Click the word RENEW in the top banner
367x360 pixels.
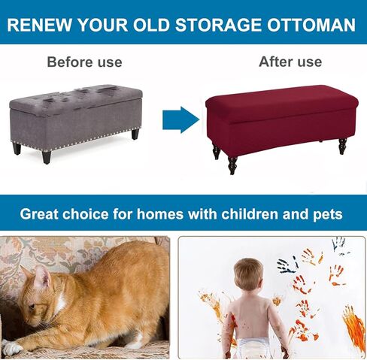[x=39, y=25]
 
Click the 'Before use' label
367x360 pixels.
[x=84, y=62]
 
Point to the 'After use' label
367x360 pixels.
[x=290, y=62]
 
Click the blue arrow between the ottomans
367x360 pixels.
[x=181, y=120]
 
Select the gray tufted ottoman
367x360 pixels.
[x=76, y=123]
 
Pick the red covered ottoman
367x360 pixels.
[x=281, y=126]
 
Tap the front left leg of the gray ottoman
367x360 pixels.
[x=46, y=157]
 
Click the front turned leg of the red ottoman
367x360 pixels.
[x=232, y=165]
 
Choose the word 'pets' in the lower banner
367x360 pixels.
[x=327, y=215]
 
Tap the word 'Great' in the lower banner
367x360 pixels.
[x=39, y=214]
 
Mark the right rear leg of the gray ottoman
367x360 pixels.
[x=135, y=134]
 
